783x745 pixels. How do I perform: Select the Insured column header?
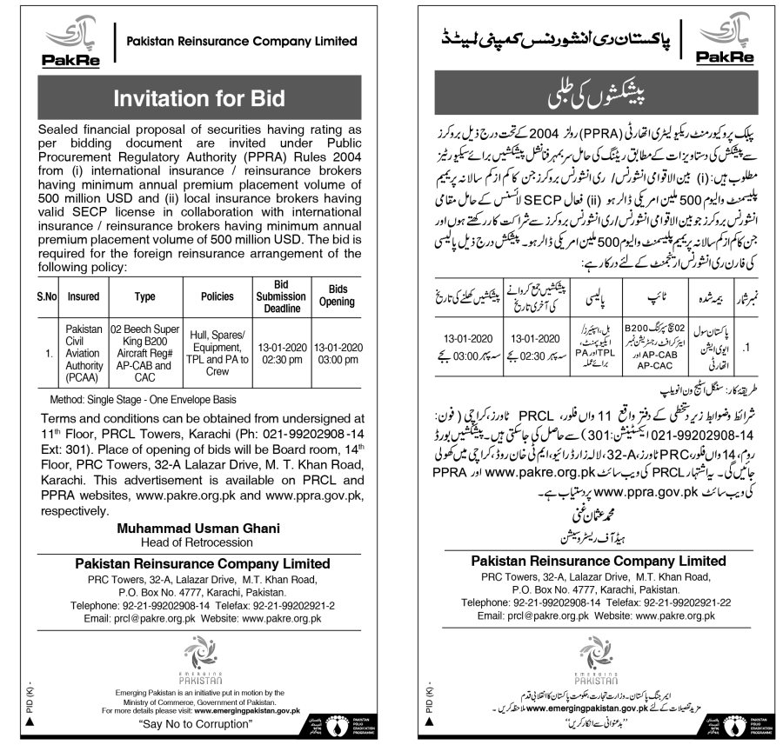84,296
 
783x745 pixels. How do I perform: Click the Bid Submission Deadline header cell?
279,296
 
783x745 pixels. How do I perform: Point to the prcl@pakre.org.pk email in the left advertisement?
139,618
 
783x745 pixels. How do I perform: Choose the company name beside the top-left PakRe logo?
242,40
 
